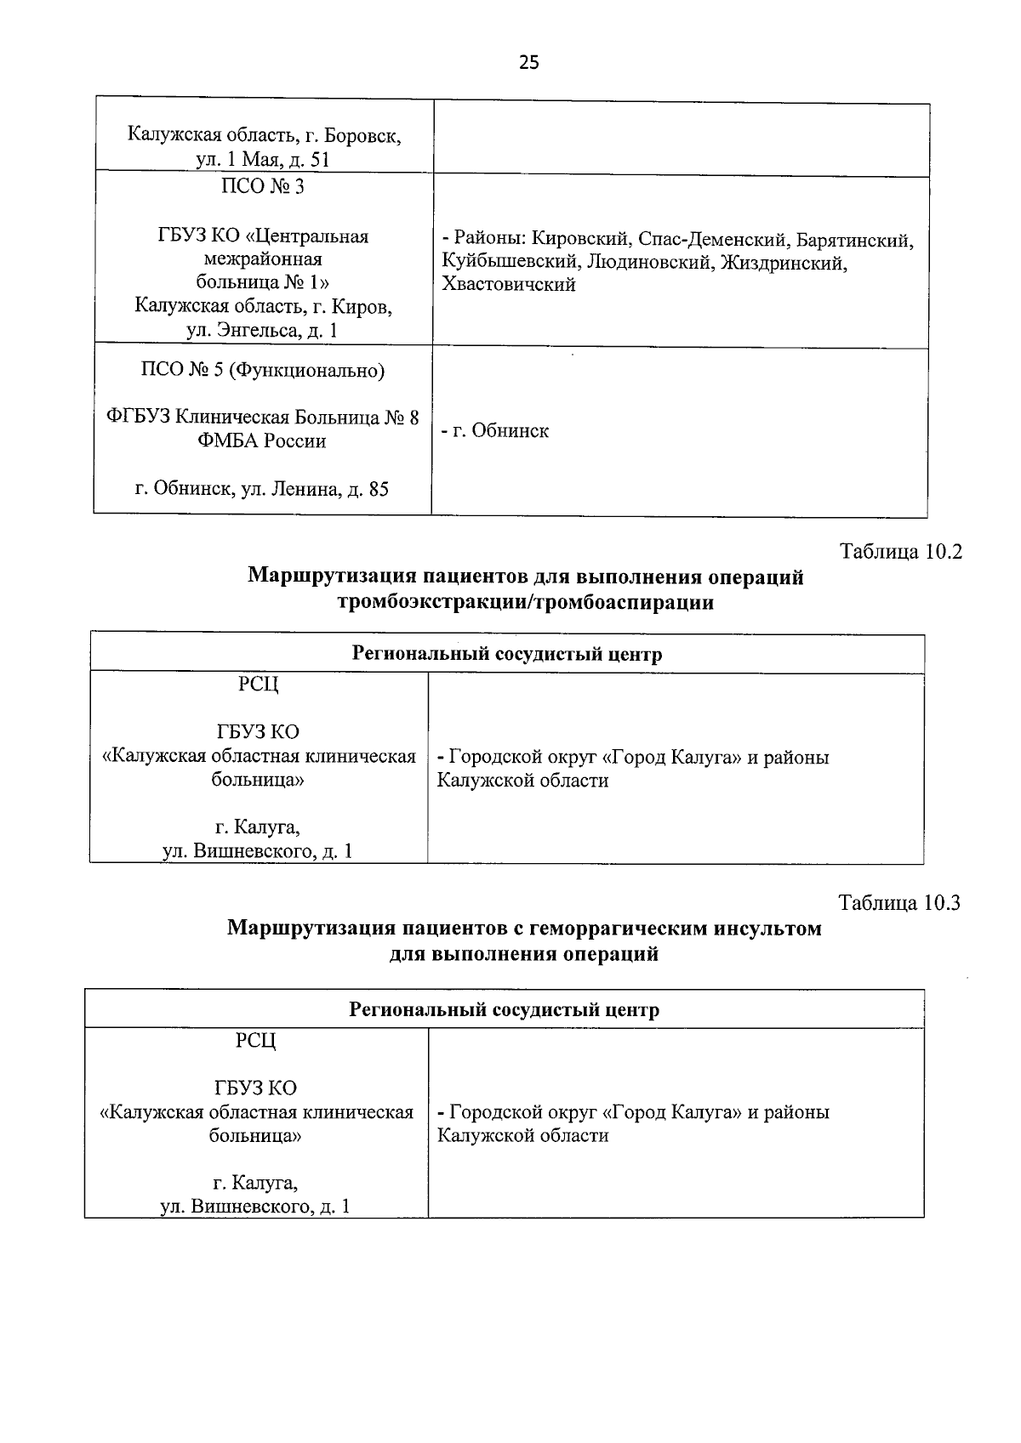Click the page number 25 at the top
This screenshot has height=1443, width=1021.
[x=528, y=62]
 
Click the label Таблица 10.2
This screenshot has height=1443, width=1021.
[x=900, y=552]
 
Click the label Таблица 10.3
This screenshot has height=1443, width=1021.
[x=898, y=903]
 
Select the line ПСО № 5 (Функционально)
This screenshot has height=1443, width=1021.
[x=262, y=371]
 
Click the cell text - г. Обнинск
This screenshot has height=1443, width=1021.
[x=495, y=431]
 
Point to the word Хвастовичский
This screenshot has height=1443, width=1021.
[x=509, y=285]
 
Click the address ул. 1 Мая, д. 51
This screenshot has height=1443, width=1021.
[x=262, y=159]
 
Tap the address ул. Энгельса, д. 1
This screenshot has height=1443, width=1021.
[x=262, y=331]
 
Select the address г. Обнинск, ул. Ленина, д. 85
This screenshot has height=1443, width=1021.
[x=262, y=489]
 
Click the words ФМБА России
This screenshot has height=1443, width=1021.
[x=262, y=441]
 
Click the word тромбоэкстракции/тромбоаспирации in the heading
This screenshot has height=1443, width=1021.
[x=525, y=603]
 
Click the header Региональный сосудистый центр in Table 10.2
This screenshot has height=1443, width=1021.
[x=507, y=655]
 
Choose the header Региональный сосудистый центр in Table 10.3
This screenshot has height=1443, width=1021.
[x=505, y=1010]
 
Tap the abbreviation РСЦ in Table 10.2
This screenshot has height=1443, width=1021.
[x=258, y=685]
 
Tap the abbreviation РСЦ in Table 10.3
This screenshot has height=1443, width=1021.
[x=256, y=1041]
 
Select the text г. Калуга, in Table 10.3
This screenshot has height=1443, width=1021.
[x=255, y=1183]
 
